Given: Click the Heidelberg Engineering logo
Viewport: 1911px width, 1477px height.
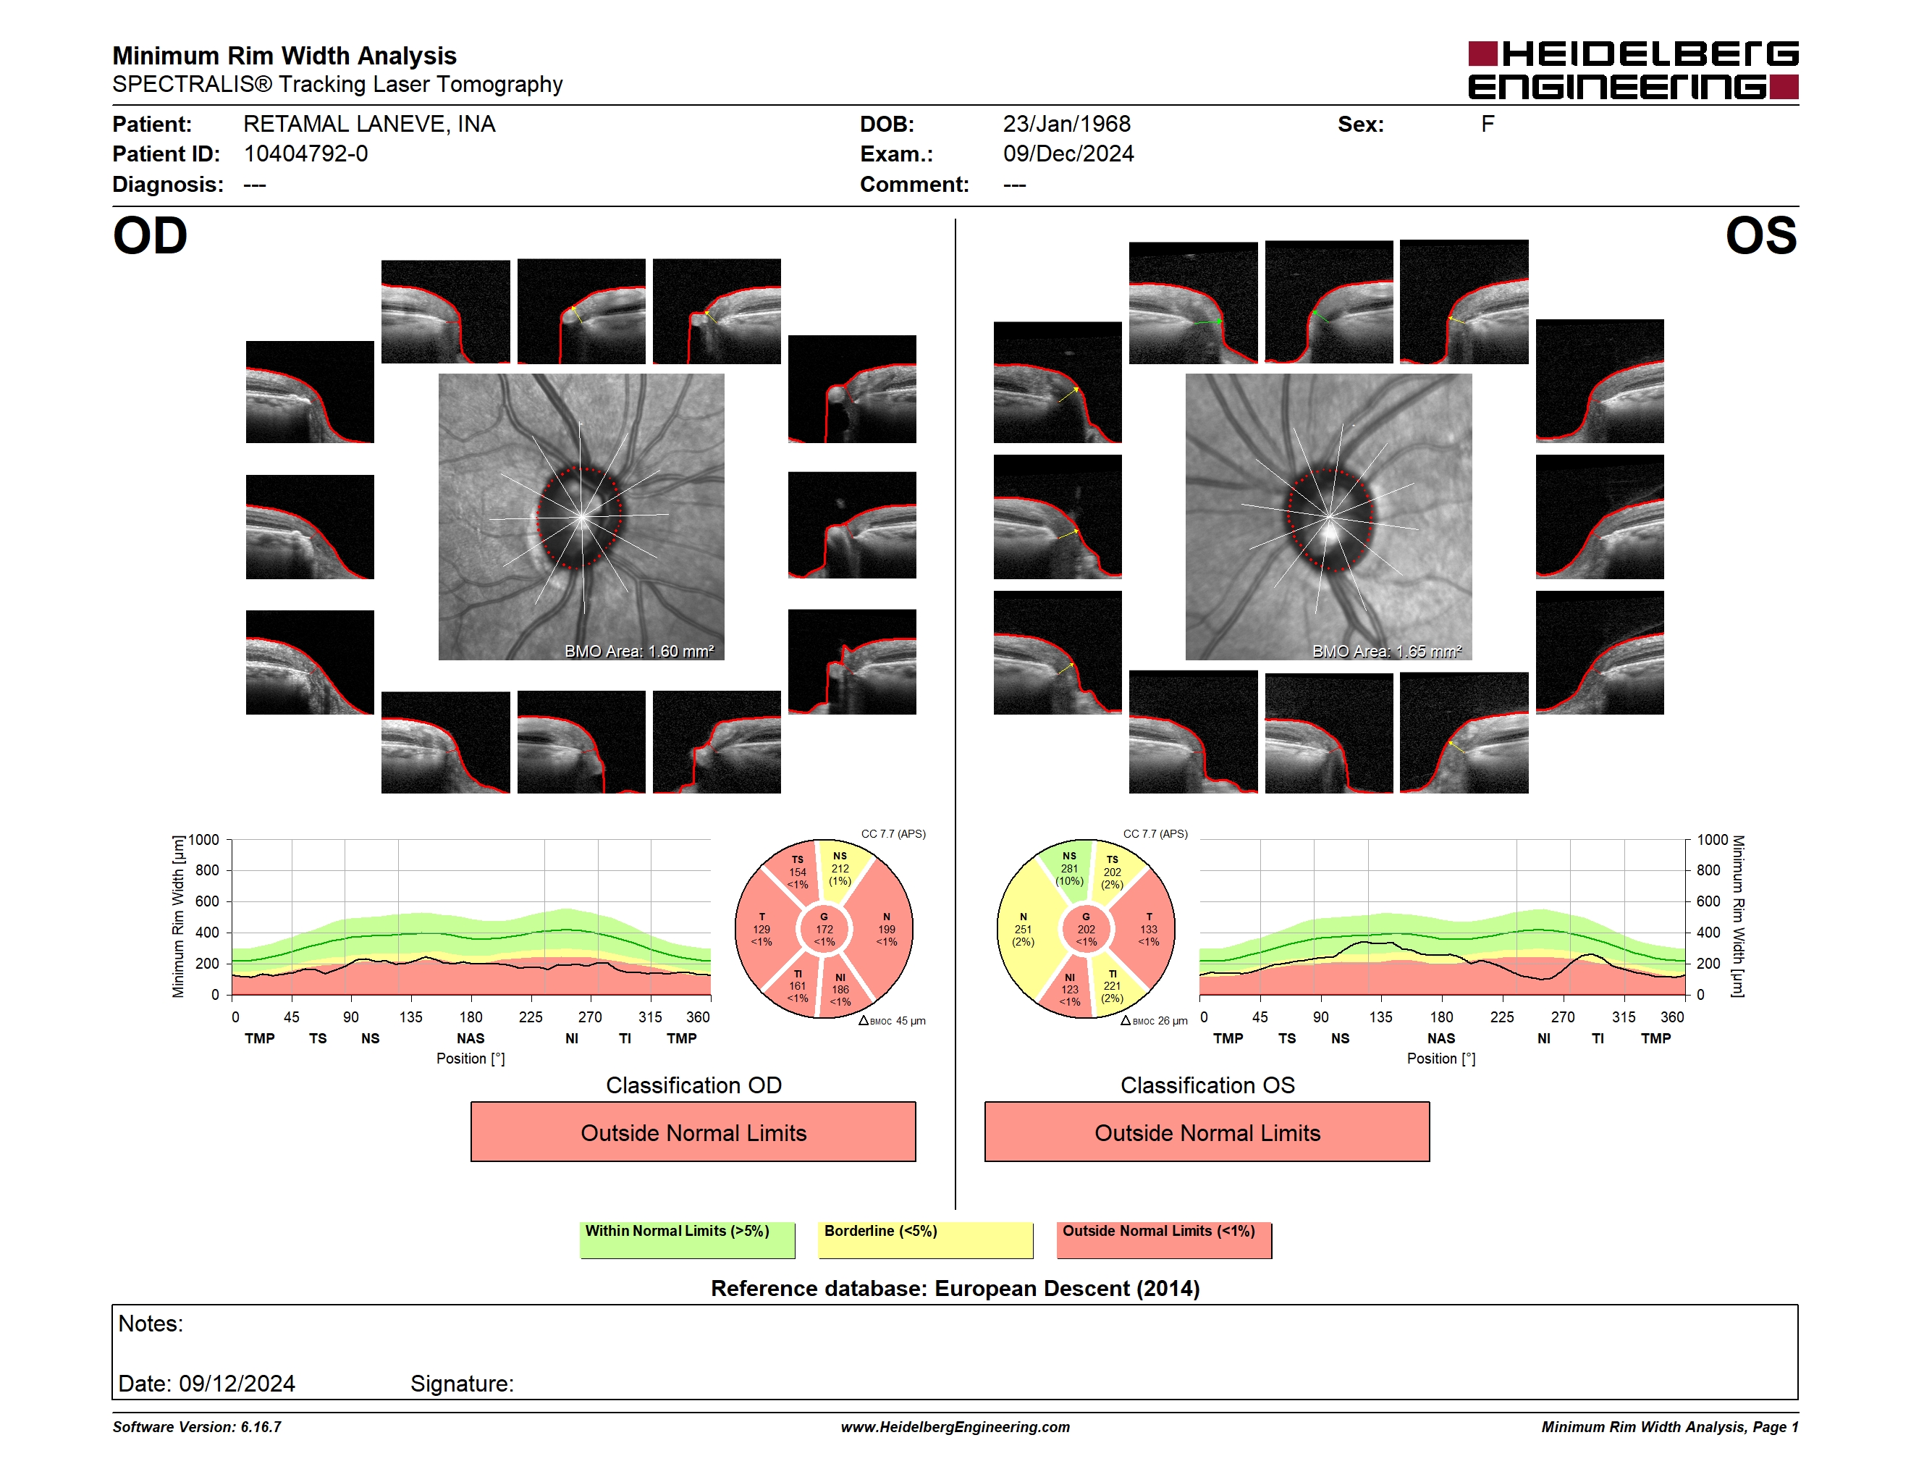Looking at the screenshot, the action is click(1633, 70).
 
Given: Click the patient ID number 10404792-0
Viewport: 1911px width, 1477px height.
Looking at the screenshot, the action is click(305, 154).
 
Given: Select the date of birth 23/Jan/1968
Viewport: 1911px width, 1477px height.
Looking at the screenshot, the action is click(1067, 125).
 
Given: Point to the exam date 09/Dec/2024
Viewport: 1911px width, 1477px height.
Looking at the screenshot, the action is click(1068, 154).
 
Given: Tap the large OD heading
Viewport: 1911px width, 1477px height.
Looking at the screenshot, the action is click(151, 236).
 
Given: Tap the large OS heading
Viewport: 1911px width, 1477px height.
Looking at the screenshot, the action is click(1760, 236).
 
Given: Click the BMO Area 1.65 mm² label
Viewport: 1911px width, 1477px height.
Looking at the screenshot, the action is click(1387, 651).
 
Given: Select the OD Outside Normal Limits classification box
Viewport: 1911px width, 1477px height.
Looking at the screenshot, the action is click(693, 1132).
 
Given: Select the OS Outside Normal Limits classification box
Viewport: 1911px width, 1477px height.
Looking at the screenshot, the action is click(1207, 1132).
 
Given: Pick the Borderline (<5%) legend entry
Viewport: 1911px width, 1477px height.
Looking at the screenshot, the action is click(925, 1240).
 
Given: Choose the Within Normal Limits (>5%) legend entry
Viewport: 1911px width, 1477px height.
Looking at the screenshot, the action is click(687, 1240).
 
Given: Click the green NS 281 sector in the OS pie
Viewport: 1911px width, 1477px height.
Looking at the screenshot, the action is click(1067, 868).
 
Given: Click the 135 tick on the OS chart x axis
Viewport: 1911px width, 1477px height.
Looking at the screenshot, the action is click(1380, 1017).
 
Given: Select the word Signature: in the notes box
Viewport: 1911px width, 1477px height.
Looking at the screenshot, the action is click(462, 1384).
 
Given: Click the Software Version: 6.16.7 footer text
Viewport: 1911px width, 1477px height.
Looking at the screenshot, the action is click(197, 1427).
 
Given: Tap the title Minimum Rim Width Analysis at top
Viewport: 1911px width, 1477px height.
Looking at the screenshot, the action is click(284, 56).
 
